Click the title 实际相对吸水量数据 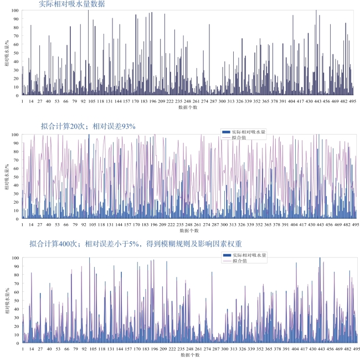pyautogui.click(x=72, y=4)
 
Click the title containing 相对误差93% pyautogui.click(x=88, y=126)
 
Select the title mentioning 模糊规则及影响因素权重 pyautogui.click(x=136, y=244)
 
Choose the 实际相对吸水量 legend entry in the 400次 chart pyautogui.click(x=244, y=255)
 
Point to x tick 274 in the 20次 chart pyautogui.click(x=206, y=225)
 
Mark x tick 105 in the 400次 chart pyautogui.click(x=92, y=349)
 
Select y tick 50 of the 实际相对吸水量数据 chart pyautogui.click(x=16, y=53)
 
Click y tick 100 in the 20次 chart pyautogui.click(x=15, y=135)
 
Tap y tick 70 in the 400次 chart pyautogui.click(x=16, y=283)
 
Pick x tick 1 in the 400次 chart pyautogui.click(x=23, y=349)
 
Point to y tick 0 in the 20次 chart pyautogui.click(x=18, y=219)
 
